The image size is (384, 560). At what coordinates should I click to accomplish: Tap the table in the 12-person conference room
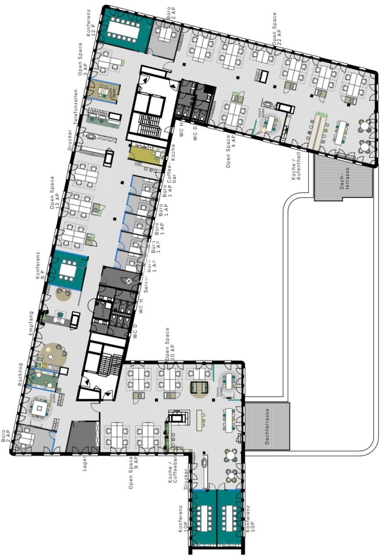pos(123,29)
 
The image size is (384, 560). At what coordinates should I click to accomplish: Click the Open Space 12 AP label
pos(55,193)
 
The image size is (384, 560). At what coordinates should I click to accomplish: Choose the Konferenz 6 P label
pos(40,266)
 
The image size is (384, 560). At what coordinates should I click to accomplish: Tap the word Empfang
pos(31,324)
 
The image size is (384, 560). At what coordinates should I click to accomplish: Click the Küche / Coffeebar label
pos(173,470)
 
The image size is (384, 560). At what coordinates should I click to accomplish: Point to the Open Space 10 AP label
pos(169,344)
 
